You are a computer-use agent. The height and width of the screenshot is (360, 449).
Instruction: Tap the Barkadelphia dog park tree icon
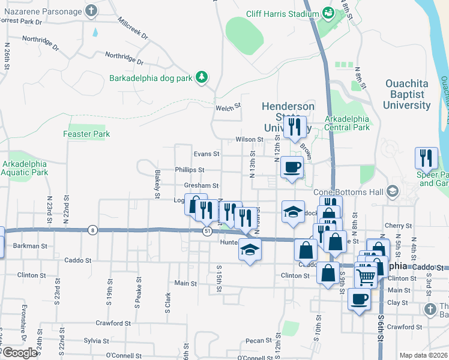[x=203, y=77]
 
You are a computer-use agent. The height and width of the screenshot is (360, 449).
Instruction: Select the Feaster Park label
[x=86, y=134]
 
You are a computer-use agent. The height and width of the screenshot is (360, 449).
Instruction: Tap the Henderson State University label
[x=288, y=117]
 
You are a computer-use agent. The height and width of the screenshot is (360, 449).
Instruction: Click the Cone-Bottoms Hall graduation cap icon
[x=393, y=191]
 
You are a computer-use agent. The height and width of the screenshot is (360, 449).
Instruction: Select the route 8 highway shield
[x=92, y=230]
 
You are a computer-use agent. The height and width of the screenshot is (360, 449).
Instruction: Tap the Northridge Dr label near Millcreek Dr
[x=124, y=58]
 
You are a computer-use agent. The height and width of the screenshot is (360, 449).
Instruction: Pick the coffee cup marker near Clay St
[x=359, y=299]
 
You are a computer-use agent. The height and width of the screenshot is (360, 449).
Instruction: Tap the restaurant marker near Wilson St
[x=294, y=127]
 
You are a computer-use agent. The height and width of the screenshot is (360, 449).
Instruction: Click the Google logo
[x=20, y=353]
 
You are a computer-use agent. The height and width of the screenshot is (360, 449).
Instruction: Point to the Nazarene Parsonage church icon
[x=91, y=11]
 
